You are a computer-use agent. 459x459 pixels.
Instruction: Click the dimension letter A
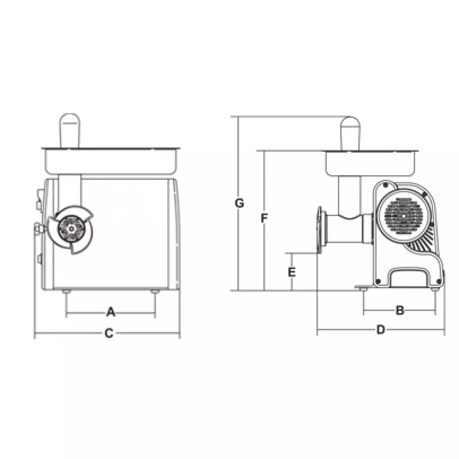pyautogui.click(x=111, y=312)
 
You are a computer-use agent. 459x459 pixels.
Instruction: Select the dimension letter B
pyautogui.click(x=400, y=310)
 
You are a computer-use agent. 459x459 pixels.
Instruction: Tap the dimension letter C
pyautogui.click(x=109, y=333)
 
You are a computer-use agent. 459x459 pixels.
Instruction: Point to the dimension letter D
pyautogui.click(x=381, y=330)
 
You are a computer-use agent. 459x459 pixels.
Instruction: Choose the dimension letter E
pyautogui.click(x=292, y=272)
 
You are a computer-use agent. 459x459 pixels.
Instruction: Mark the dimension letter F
pyautogui.click(x=264, y=218)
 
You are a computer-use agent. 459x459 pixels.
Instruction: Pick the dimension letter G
pyautogui.click(x=240, y=203)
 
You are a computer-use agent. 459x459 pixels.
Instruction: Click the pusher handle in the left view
pyautogui.click(x=69, y=130)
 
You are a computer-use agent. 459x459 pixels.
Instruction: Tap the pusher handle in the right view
pyautogui.click(x=350, y=134)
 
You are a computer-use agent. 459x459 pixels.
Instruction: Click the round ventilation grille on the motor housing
pyautogui.click(x=403, y=216)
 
